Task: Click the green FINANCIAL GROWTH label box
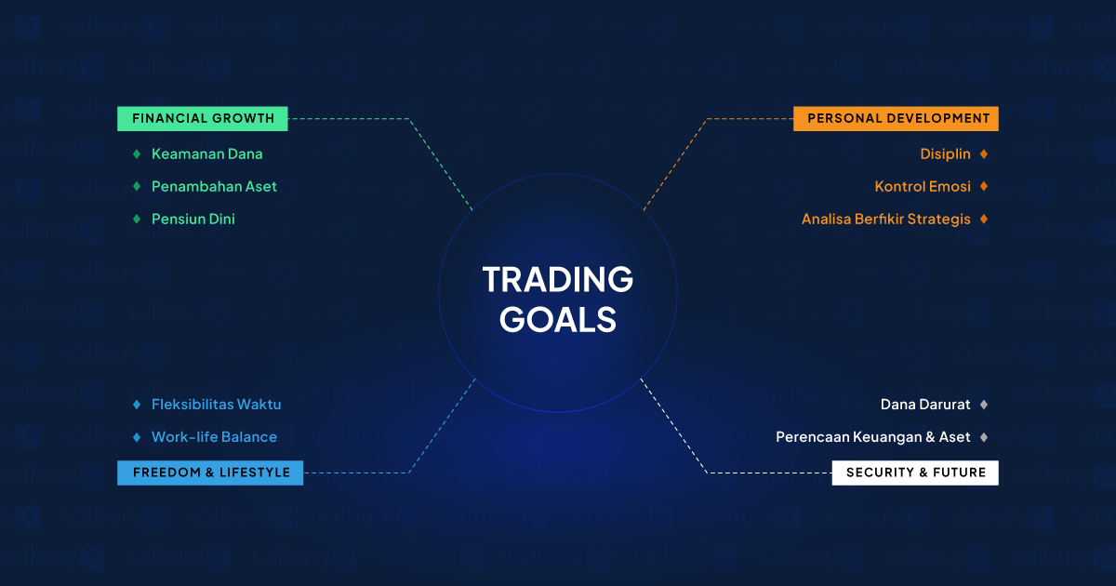pyautogui.click(x=203, y=119)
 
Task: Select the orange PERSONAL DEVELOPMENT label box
pyautogui.click(x=896, y=119)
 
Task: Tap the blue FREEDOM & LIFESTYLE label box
pyautogui.click(x=210, y=473)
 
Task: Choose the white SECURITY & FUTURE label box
pyautogui.click(x=915, y=473)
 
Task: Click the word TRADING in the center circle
pyautogui.click(x=557, y=279)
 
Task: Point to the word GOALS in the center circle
pyautogui.click(x=558, y=319)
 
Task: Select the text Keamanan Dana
pyautogui.click(x=206, y=154)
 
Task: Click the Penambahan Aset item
pyautogui.click(x=214, y=186)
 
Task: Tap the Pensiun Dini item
pyautogui.click(x=193, y=219)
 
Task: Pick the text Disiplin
pyautogui.click(x=945, y=154)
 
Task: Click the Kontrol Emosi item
pyautogui.click(x=923, y=186)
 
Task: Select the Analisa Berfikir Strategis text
pyautogui.click(x=885, y=220)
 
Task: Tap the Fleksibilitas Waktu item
pyautogui.click(x=216, y=404)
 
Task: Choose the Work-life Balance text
pyautogui.click(x=214, y=437)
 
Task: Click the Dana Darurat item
pyautogui.click(x=925, y=404)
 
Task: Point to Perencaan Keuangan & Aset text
pyautogui.click(x=873, y=437)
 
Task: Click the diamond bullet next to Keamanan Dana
pyautogui.click(x=137, y=154)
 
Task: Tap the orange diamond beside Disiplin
pyautogui.click(x=984, y=154)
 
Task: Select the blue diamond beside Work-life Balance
pyautogui.click(x=137, y=437)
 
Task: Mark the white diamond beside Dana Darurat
pyautogui.click(x=984, y=404)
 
